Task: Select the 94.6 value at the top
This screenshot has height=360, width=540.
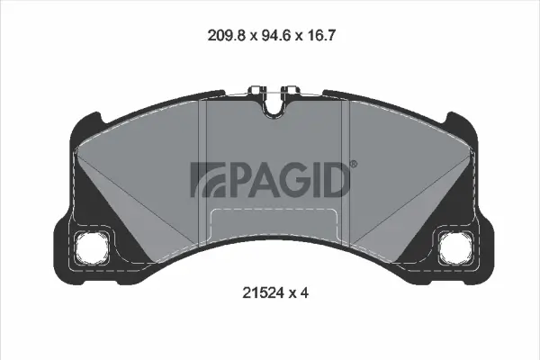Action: click(269, 37)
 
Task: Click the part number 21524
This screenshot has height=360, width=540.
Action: click(261, 292)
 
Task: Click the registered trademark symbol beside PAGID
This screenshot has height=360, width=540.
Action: click(352, 164)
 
